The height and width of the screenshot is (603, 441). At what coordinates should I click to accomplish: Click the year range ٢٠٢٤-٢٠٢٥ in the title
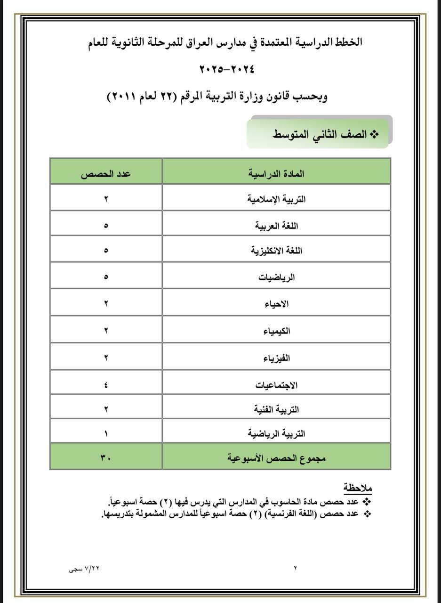[x=227, y=69]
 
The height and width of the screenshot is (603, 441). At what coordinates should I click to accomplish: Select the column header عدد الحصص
[x=106, y=173]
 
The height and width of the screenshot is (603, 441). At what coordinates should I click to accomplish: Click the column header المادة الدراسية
[x=276, y=173]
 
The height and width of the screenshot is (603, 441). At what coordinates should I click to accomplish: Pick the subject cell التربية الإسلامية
[x=276, y=199]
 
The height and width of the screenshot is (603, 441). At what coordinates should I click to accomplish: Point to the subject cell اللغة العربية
[x=276, y=226]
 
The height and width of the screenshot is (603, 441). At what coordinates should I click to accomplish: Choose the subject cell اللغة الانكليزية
[x=276, y=251]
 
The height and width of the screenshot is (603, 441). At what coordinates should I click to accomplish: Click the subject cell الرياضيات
[x=276, y=277]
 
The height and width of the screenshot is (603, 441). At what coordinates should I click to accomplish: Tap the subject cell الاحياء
[x=276, y=304]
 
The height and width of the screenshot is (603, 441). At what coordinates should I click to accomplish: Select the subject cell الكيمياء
[x=276, y=331]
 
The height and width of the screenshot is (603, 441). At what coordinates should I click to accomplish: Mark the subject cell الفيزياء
[x=276, y=359]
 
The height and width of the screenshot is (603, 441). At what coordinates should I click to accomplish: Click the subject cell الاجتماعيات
[x=276, y=385]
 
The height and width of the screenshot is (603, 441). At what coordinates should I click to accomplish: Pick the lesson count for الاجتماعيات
[x=106, y=385]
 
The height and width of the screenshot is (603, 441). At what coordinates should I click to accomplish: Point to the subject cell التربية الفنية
[x=276, y=409]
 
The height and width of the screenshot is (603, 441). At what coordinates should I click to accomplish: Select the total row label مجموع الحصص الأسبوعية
[x=276, y=457]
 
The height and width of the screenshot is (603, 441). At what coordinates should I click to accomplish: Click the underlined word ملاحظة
[x=357, y=487]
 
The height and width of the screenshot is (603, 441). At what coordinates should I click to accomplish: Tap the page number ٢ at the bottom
[x=296, y=568]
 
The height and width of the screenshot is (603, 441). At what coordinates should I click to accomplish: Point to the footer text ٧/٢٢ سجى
[x=84, y=568]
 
